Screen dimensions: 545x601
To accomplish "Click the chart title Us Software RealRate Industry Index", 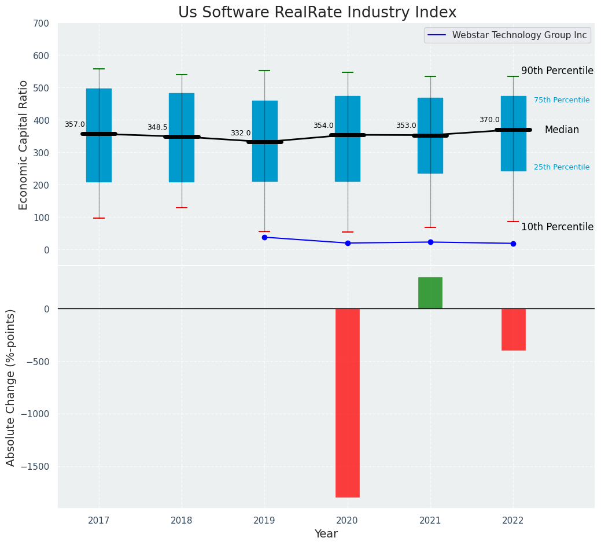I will coord(317,13).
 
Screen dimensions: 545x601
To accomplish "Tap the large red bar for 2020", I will coord(348,403).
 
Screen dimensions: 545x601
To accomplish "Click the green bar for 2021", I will coord(430,293).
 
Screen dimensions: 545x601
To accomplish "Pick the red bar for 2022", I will coord(513,329).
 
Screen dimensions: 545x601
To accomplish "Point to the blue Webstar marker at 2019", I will coord(264,237).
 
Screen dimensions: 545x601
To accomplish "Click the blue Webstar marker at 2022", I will coord(513,244).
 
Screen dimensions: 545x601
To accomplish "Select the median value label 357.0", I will coord(75,124).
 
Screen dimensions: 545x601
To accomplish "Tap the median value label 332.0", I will coord(241,133).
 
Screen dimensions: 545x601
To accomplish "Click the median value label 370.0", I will coord(489,120).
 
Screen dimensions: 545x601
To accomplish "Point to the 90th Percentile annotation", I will coord(557,71).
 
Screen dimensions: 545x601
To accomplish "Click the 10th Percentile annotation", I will coord(557,227).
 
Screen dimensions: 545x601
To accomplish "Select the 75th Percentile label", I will coord(562,100).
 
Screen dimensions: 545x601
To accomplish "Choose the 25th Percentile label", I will coord(562,167).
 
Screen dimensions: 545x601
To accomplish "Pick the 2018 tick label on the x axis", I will coord(182,521).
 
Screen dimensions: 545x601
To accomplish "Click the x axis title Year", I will coord(326,534).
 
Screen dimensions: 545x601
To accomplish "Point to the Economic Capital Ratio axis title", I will coord(24,145).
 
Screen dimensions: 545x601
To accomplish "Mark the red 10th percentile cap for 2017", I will coord(99,218).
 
